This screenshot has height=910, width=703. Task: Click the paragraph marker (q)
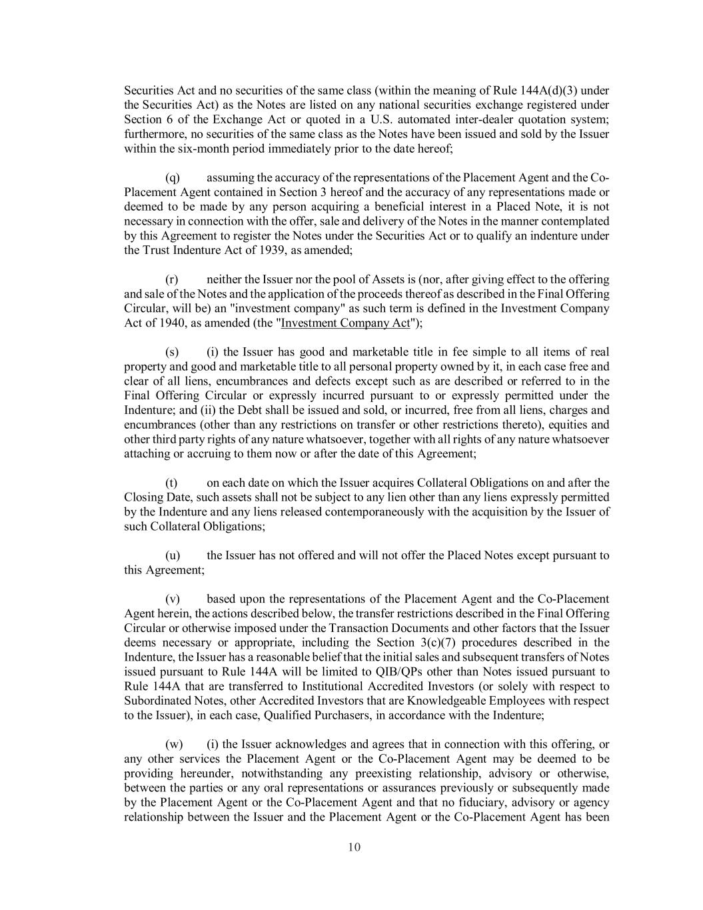click(x=172, y=178)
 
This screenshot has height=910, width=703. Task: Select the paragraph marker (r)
click(x=172, y=279)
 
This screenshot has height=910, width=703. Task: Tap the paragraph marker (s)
click(x=172, y=352)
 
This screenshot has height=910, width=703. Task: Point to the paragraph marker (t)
click(x=171, y=483)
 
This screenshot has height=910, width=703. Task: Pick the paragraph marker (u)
click(x=172, y=555)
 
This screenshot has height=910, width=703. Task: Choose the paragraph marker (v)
click(x=172, y=599)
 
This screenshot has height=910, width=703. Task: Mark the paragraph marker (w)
click(x=173, y=744)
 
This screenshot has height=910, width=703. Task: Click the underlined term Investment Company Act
click(x=345, y=323)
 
